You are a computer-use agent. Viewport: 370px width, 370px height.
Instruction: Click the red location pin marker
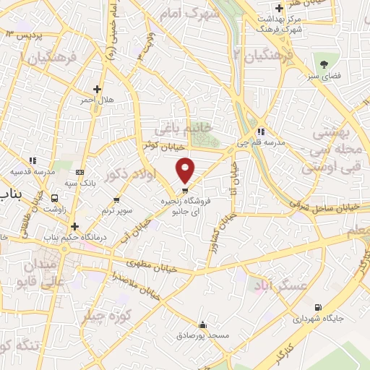click(185, 170)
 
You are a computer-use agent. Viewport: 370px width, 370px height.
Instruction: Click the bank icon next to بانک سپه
click(79, 172)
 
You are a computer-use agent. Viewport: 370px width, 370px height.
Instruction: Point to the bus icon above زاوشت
click(55, 197)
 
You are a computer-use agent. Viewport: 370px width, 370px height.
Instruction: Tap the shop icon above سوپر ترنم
click(117, 199)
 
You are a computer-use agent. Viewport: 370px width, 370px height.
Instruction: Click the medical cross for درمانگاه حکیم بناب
click(74, 226)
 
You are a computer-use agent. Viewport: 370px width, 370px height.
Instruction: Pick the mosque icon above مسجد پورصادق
click(203, 324)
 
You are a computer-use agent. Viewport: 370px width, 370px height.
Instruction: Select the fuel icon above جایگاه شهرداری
click(316, 307)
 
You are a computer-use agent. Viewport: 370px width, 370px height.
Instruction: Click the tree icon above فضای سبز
click(323, 64)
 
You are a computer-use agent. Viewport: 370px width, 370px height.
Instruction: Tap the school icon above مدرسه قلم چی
click(260, 132)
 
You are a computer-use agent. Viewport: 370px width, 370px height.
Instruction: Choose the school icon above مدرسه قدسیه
click(32, 160)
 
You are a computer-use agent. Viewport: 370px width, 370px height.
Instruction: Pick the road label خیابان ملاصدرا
click(135, 286)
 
